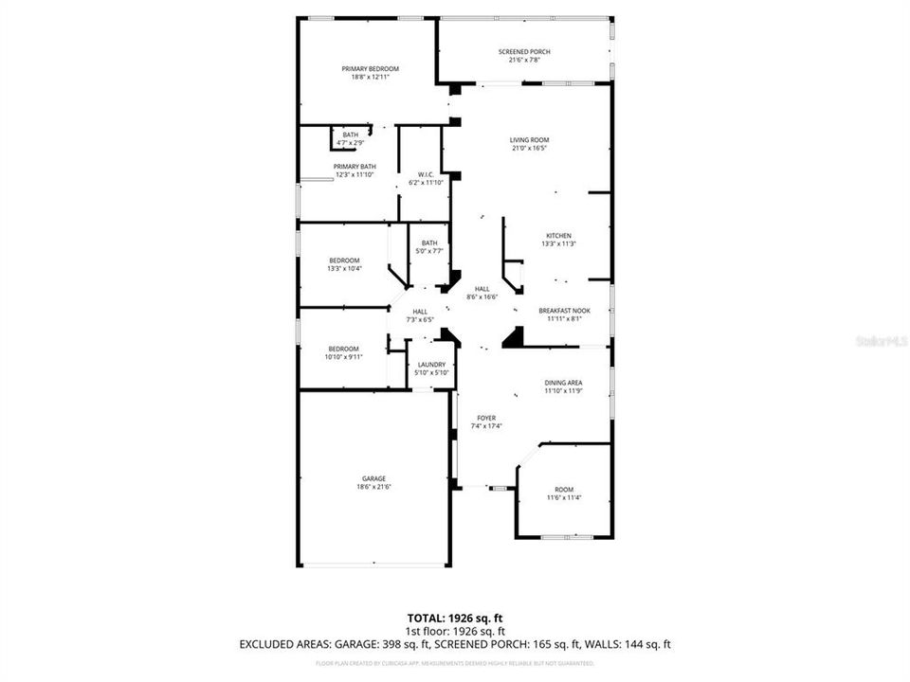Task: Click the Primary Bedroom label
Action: click(x=370, y=69)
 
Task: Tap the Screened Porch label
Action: click(x=524, y=52)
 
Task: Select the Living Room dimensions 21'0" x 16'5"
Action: click(x=529, y=148)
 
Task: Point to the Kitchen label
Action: click(x=558, y=236)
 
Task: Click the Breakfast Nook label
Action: click(x=559, y=311)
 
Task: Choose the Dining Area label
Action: click(x=563, y=383)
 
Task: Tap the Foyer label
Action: click(x=486, y=418)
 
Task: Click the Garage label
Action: click(x=373, y=478)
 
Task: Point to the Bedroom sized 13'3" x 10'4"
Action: click(x=344, y=264)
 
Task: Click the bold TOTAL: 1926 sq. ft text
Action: click(x=455, y=617)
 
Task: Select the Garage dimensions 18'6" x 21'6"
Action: click(x=373, y=487)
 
